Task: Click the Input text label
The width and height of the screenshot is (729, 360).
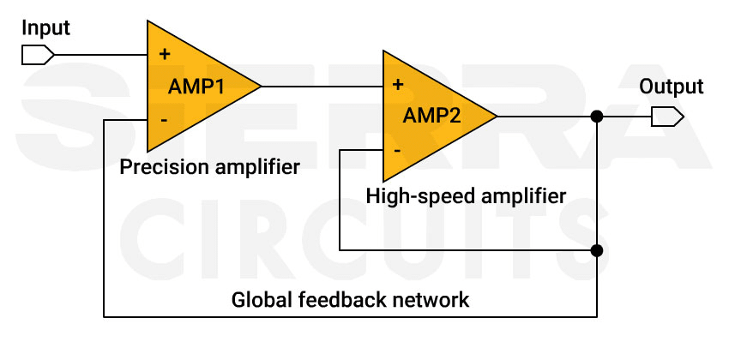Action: click(45, 27)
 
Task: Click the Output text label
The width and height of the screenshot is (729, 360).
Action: click(672, 87)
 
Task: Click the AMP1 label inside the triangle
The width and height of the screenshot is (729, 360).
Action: click(196, 86)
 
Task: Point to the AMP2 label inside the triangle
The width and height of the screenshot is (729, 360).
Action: click(431, 116)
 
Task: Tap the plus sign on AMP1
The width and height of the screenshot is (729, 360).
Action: click(163, 54)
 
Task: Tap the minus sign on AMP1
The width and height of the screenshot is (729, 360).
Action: click(163, 120)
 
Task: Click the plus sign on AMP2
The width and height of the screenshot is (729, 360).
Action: click(398, 85)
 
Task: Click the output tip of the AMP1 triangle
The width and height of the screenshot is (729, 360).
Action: click(260, 86)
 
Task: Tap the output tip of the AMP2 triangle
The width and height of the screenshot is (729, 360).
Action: click(496, 116)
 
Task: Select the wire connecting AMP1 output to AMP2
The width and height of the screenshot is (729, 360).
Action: click(322, 86)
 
